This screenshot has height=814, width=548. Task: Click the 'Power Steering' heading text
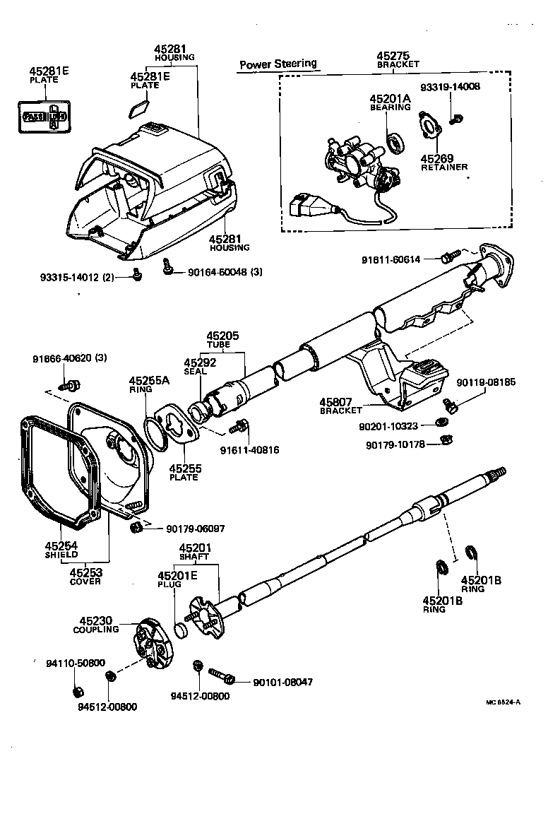coord(278,64)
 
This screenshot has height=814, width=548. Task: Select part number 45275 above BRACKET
coord(396,56)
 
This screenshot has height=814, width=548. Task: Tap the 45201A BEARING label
coord(389,102)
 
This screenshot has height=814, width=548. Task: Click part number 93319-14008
coord(450,87)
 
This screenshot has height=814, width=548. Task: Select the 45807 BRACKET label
coord(340,406)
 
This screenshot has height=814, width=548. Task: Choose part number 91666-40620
coord(69,358)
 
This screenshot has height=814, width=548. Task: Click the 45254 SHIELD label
coord(61,550)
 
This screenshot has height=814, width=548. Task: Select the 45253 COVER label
coord(85,576)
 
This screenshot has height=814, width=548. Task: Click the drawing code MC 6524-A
coord(502,702)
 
